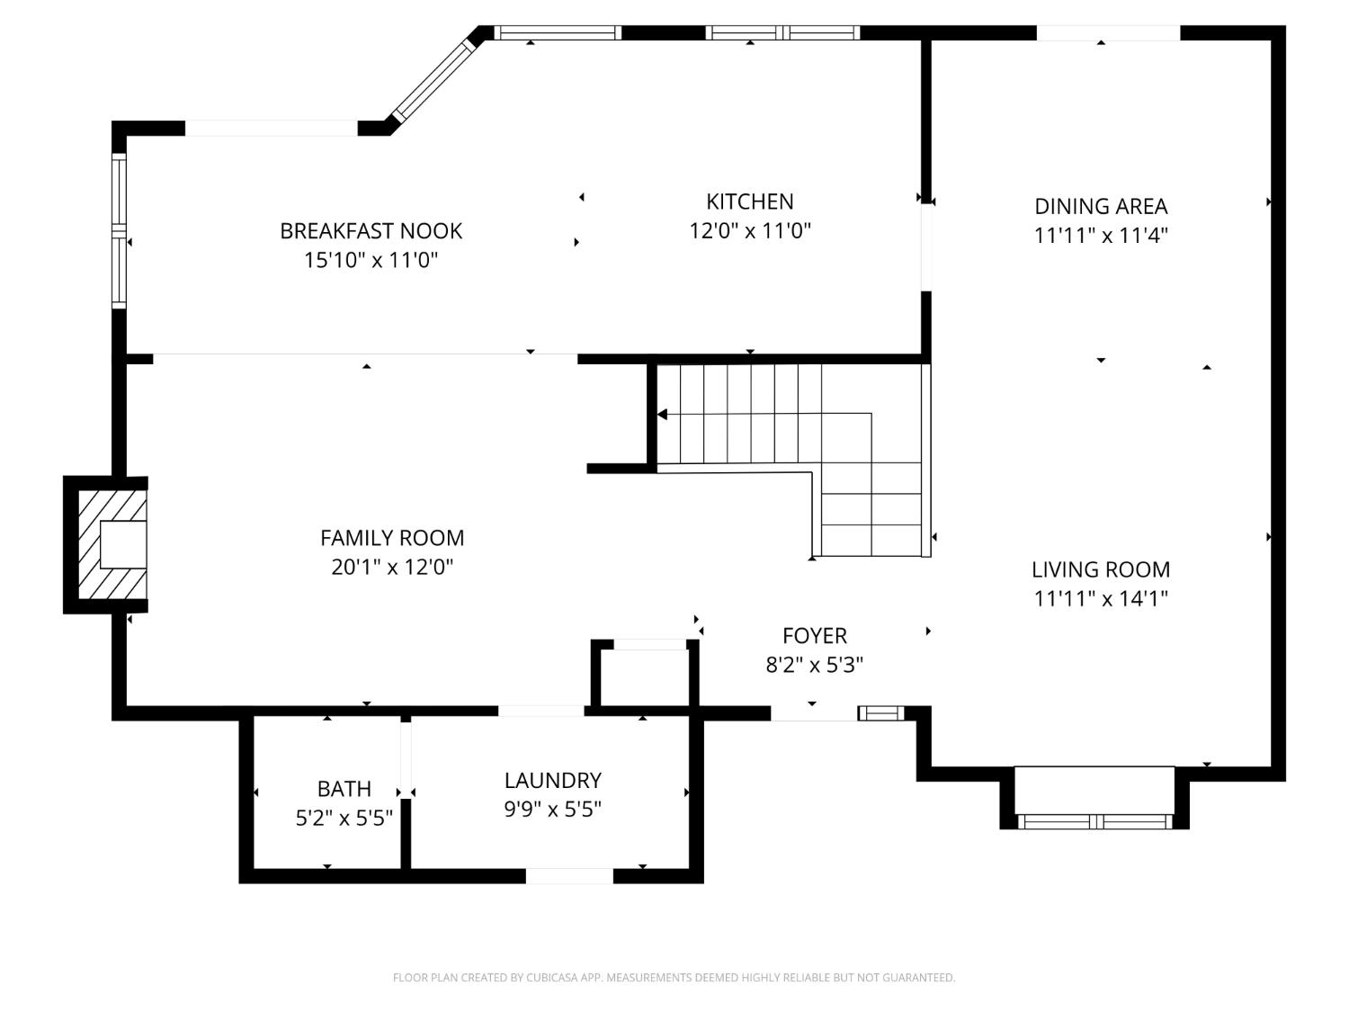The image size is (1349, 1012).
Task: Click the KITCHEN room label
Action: point(749,202)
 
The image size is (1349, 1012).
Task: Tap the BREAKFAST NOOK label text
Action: point(371,231)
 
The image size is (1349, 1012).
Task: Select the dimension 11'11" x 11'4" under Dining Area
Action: point(1101,236)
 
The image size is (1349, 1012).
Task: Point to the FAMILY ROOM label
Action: point(392,538)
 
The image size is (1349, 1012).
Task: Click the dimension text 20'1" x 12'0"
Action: point(392,568)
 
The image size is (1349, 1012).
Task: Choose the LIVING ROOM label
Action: point(1101,569)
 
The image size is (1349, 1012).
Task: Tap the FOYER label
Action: point(814,636)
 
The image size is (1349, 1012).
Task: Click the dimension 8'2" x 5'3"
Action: point(814,666)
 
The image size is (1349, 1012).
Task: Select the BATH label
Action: point(344,789)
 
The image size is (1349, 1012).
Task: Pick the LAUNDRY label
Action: point(552,781)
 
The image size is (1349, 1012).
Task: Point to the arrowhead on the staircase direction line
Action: point(663,415)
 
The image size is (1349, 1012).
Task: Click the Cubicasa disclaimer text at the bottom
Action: point(674,978)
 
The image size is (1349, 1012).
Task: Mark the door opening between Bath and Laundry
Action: point(406,759)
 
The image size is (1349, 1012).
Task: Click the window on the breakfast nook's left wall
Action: point(119,231)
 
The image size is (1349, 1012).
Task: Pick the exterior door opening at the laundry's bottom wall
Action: point(569,876)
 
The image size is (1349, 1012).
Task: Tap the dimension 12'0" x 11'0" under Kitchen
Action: point(749,231)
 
